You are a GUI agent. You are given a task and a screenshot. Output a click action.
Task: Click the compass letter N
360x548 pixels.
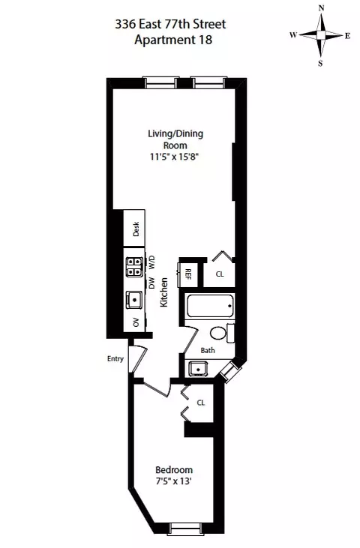(x=321, y=8)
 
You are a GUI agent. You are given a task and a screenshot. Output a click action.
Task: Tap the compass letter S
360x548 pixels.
(x=321, y=63)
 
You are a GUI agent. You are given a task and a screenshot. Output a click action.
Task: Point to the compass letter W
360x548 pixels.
(x=292, y=35)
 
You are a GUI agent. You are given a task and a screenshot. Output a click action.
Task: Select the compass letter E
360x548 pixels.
(x=347, y=35)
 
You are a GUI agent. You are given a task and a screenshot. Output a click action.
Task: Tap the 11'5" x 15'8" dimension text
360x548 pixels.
(x=175, y=157)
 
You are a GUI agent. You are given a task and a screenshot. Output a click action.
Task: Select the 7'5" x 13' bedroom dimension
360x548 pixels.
(x=174, y=481)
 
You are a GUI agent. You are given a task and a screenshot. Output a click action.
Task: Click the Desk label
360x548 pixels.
(x=136, y=229)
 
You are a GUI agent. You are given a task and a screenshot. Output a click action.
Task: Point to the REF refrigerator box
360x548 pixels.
(x=189, y=274)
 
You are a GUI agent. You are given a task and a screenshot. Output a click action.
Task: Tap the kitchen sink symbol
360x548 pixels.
(x=135, y=300)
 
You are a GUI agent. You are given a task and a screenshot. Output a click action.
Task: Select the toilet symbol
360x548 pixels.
(x=219, y=332)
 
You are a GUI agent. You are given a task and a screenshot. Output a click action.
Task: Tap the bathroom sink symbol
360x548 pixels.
(x=198, y=368)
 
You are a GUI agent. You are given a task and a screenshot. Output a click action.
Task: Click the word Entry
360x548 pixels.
(x=115, y=358)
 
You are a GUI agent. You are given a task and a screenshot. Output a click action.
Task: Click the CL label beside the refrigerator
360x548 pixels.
(x=220, y=274)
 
